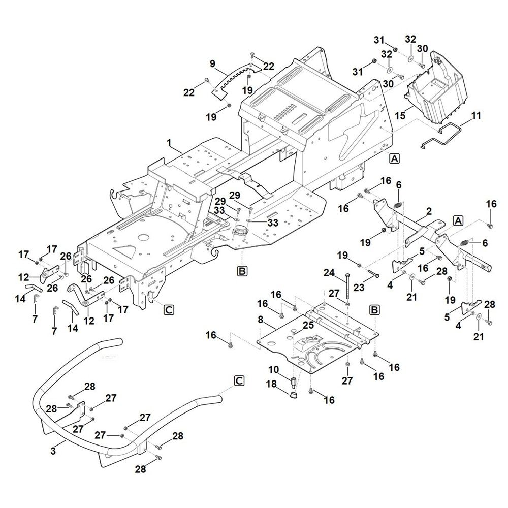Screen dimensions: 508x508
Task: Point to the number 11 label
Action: point(476,116)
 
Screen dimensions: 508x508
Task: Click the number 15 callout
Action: point(401,116)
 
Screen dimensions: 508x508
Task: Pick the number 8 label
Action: point(261,321)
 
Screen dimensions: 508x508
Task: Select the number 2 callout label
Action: point(429,211)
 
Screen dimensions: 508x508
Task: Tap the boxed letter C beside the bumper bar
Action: point(239,380)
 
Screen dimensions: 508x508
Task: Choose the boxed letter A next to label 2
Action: point(458,220)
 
